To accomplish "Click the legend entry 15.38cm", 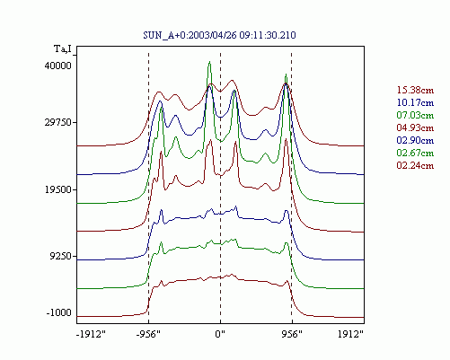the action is click(415, 90).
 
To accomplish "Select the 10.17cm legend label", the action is click(415, 102).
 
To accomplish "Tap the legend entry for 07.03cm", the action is click(415, 115).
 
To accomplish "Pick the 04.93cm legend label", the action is click(415, 127).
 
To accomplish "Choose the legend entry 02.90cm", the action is click(415, 140).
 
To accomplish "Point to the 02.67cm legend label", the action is click(415, 153).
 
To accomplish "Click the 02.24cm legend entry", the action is click(415, 165).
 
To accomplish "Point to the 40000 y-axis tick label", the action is click(58, 66).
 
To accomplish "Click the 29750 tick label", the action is click(58, 122).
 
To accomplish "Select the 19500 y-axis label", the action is click(58, 189).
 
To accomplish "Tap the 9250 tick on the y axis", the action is click(61, 256).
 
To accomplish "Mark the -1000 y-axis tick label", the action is click(59, 312).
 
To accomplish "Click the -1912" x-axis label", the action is click(92, 334).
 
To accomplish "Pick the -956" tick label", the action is click(148, 334).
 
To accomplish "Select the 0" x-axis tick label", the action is click(220, 334).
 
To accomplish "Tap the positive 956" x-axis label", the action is click(292, 334).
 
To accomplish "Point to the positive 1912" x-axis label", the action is click(350, 334).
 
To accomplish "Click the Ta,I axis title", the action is click(63, 48).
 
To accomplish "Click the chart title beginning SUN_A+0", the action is click(219, 35).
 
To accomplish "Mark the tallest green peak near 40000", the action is click(209, 62).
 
